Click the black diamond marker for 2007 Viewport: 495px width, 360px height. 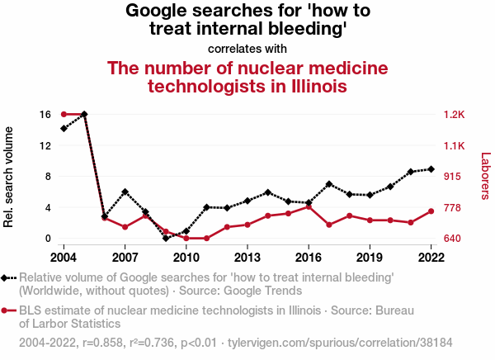coord(125,192)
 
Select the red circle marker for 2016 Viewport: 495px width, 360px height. coord(309,206)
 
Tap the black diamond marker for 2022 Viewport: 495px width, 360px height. coord(431,169)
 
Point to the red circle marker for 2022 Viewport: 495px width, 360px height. coord(431,211)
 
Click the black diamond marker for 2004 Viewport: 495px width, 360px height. coord(64,128)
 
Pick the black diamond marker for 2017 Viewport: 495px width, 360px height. coord(329,184)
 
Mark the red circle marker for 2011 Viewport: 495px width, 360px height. coord(206,238)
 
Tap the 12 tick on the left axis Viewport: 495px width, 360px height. coord(46,145)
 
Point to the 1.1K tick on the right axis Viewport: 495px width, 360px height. coord(455,145)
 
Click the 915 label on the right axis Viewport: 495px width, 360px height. coord(453,177)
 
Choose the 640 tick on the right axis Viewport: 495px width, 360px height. coord(453,239)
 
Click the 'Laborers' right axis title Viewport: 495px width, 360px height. coord(485,176)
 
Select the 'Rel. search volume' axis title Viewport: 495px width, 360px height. coord(9,177)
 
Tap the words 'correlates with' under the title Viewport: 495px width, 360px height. coord(247,48)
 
